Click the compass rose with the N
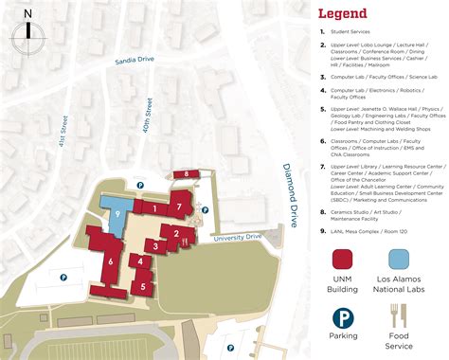[28, 32]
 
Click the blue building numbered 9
[117, 214]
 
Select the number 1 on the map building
[153, 207]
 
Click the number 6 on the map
[111, 261]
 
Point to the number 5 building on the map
[142, 285]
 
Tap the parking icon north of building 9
[140, 186]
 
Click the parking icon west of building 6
[64, 278]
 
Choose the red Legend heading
[343, 14]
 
